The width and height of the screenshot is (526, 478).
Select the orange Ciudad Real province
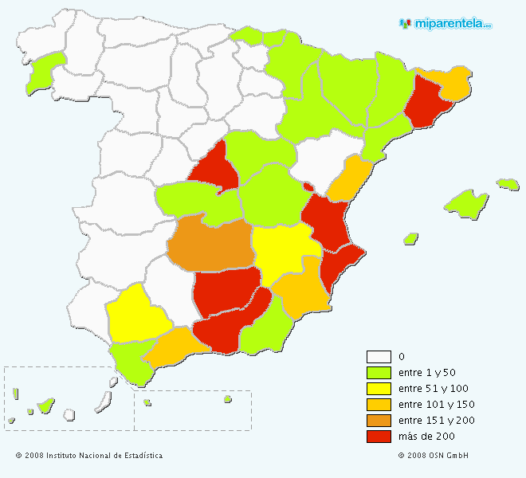[209, 243]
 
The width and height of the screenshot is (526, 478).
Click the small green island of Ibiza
[410, 238]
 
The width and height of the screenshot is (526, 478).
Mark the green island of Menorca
[508, 184]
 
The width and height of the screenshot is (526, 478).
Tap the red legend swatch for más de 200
[379, 436]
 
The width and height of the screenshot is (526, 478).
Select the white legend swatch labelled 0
[379, 356]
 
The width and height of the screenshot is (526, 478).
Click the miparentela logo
[446, 23]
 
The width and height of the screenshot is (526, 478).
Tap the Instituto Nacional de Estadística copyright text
[89, 456]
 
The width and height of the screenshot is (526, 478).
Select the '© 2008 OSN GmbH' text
[433, 456]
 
